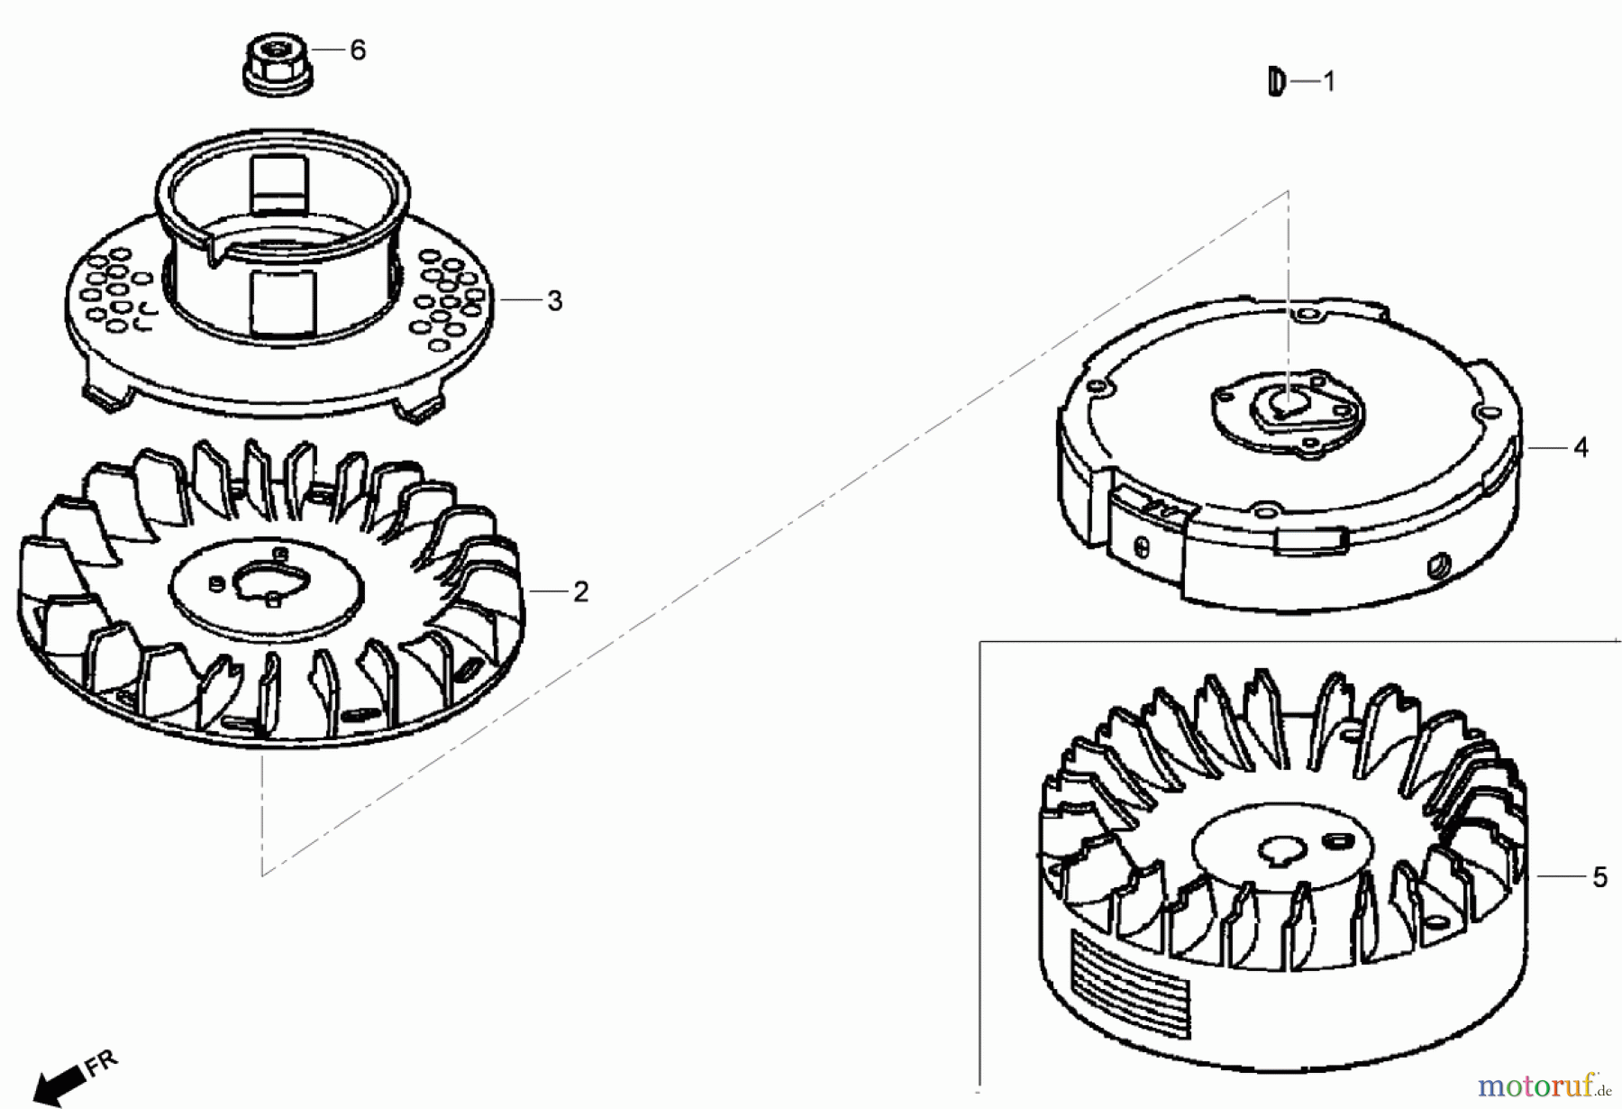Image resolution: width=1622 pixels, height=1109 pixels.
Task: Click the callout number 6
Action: click(358, 50)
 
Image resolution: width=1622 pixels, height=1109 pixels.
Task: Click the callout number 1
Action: click(1328, 82)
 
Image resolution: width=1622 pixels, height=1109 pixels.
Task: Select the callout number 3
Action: click(555, 301)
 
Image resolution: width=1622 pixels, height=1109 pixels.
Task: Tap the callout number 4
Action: click(1581, 447)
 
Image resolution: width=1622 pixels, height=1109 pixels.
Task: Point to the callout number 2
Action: click(581, 592)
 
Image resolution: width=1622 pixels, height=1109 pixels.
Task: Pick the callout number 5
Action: click(1599, 877)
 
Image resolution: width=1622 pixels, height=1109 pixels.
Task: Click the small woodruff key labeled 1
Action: click(1275, 82)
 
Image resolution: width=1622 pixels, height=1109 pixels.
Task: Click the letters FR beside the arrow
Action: click(101, 1063)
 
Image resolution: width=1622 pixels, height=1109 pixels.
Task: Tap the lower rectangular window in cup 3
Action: click(285, 304)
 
